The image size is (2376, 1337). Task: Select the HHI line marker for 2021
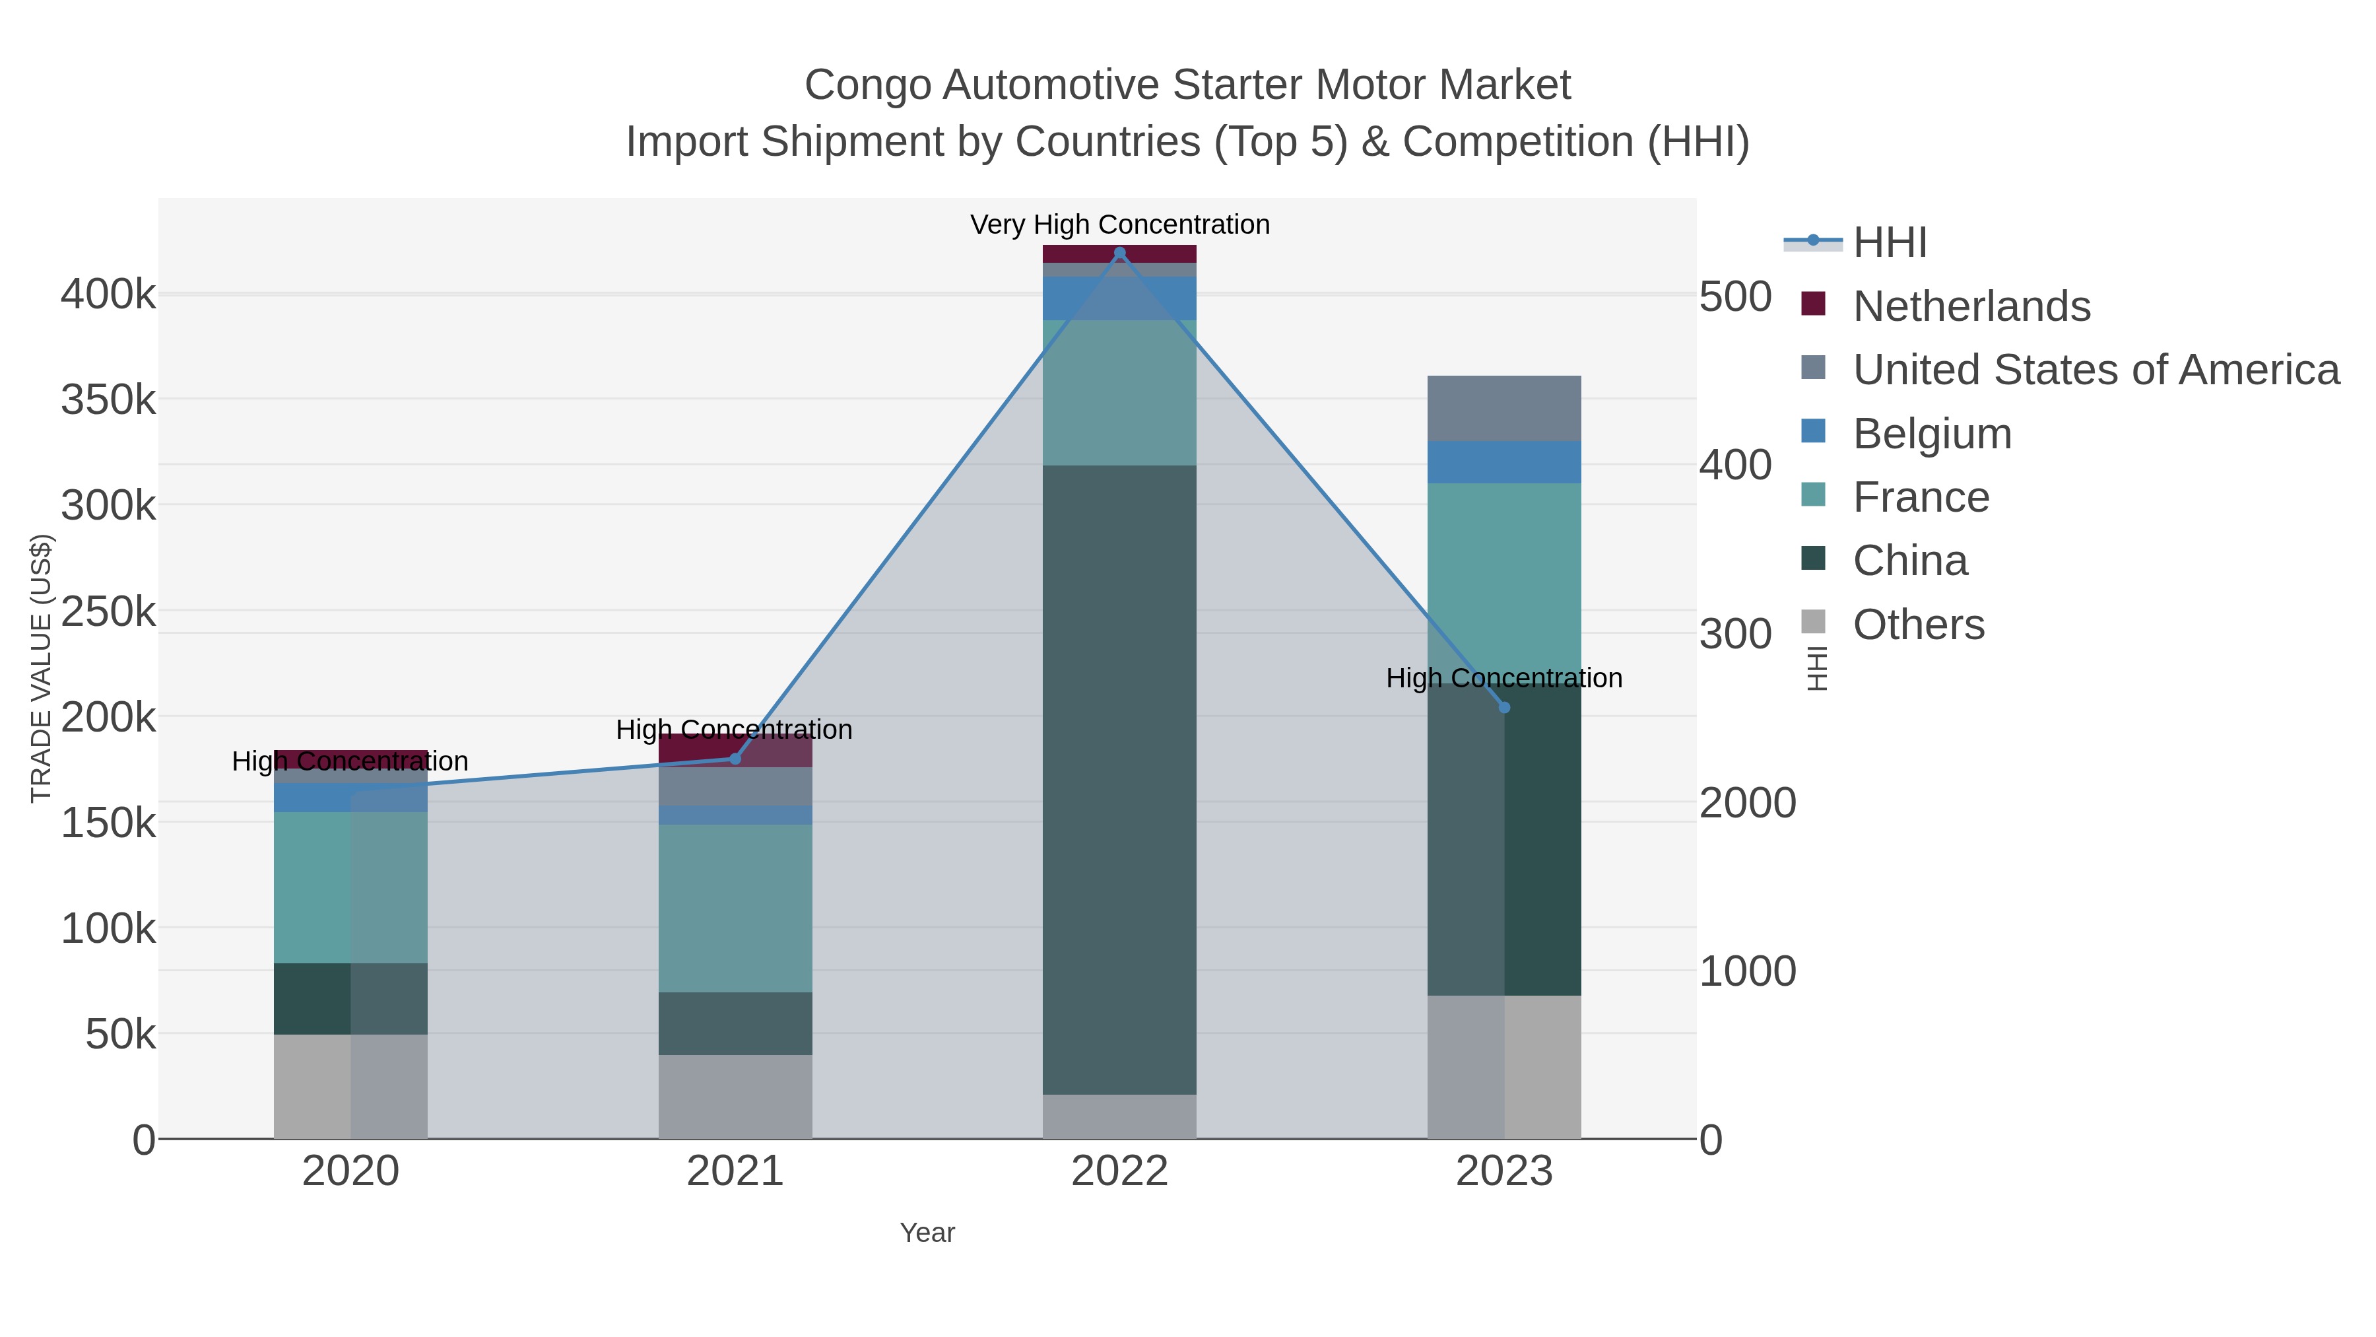click(735, 759)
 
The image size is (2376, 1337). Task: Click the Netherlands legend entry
click(1971, 306)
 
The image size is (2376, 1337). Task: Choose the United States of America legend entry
click(2095, 370)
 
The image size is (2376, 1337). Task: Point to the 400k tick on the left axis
click(108, 295)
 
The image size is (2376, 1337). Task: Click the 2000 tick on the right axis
click(1747, 803)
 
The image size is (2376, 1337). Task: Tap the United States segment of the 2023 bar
click(1503, 408)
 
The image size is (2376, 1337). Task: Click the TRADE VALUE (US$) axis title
click(42, 668)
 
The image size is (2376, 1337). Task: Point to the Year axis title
click(927, 1233)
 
